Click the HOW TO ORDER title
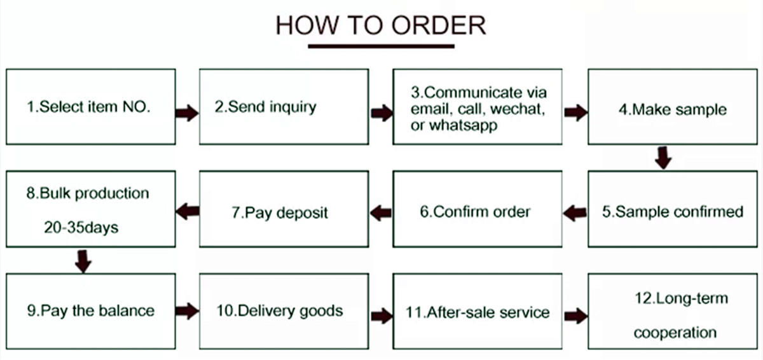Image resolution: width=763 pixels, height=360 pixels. (x=381, y=25)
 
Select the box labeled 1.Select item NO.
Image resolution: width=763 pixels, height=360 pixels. (x=90, y=107)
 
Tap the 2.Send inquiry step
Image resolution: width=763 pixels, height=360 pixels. (x=284, y=107)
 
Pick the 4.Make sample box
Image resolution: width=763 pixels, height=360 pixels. (x=673, y=107)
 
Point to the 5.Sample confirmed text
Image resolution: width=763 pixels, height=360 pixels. (x=673, y=212)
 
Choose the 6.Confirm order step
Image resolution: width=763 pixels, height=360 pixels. (x=478, y=209)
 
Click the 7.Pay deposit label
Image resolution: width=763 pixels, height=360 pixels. (x=280, y=212)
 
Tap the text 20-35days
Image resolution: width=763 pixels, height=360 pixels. (x=81, y=227)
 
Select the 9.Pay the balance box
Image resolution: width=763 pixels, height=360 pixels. (x=90, y=311)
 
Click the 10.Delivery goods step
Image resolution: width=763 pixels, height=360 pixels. (x=284, y=311)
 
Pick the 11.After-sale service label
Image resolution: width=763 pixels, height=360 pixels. (x=478, y=312)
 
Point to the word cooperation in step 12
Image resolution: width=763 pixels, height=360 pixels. (x=675, y=333)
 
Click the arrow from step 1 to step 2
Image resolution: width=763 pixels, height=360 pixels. (x=187, y=113)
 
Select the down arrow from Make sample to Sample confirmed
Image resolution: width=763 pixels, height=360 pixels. (x=663, y=158)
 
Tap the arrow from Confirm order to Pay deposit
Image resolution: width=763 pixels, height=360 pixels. (x=381, y=213)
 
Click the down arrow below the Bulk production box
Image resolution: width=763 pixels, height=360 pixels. (x=83, y=261)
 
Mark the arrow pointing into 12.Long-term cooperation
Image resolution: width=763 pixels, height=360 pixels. (x=576, y=315)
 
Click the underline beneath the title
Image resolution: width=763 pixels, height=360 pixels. (x=381, y=46)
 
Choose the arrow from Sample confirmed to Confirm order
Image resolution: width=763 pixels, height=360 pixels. (x=575, y=213)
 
